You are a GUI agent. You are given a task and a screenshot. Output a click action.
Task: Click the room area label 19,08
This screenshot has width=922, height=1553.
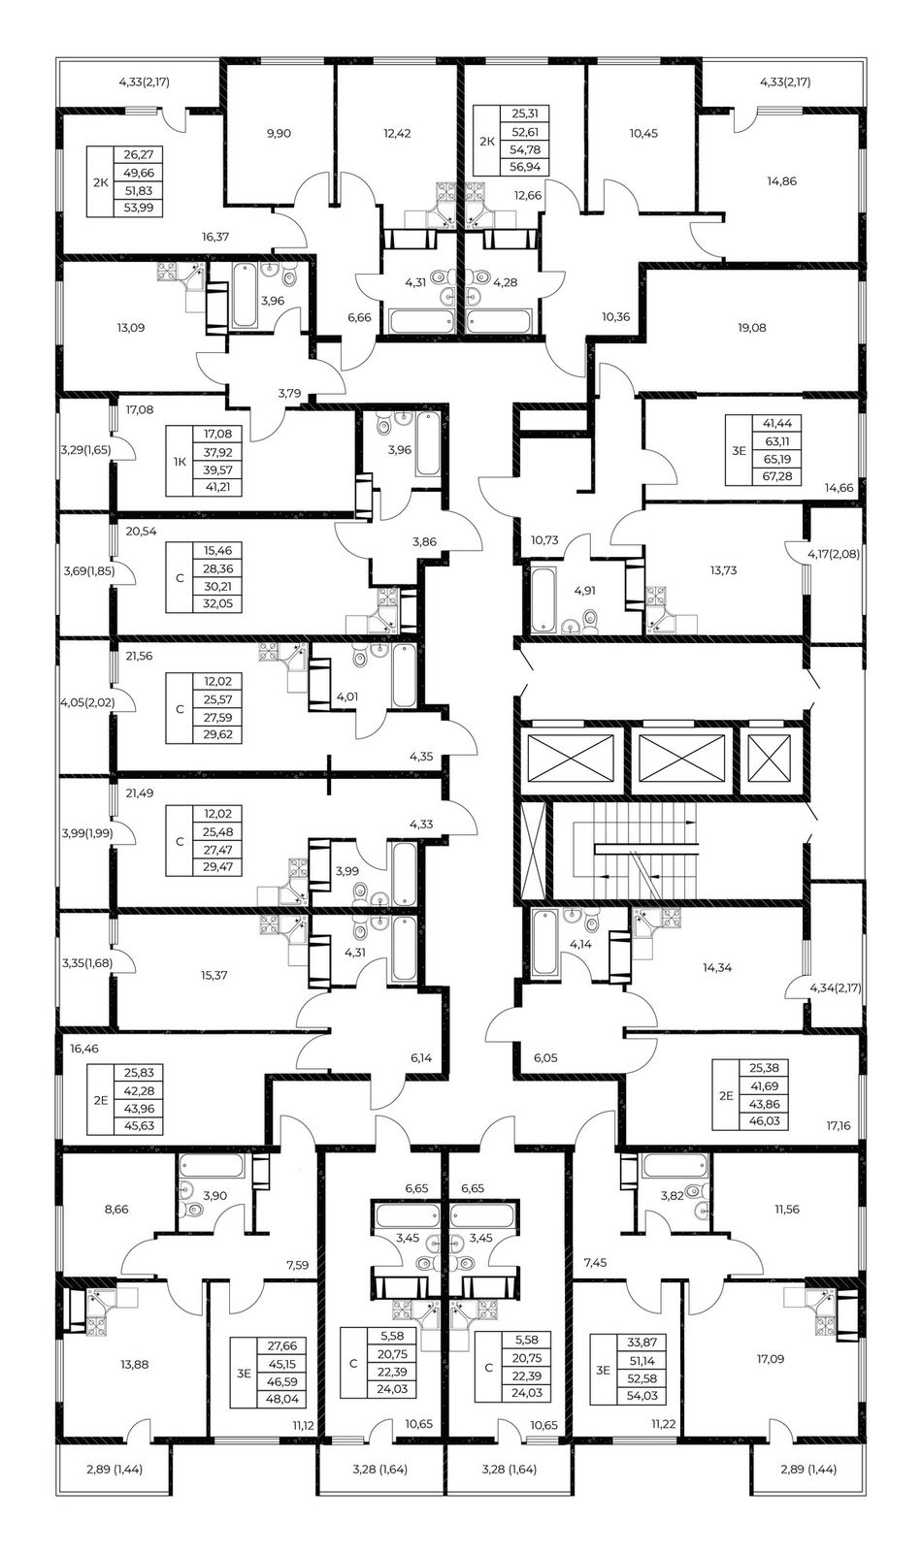click(752, 327)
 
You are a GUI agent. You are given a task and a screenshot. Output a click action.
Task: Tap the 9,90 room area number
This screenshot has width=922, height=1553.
click(279, 133)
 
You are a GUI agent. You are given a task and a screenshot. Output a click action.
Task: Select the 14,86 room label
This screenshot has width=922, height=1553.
click(781, 181)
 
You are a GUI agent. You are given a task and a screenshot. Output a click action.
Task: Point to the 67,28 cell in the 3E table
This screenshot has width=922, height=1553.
click(776, 476)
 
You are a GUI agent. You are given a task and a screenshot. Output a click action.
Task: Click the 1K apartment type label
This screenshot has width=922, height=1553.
click(180, 461)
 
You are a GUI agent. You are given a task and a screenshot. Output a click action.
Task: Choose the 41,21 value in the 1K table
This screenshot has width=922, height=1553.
click(217, 487)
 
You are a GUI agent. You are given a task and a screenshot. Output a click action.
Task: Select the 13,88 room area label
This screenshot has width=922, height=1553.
click(135, 1364)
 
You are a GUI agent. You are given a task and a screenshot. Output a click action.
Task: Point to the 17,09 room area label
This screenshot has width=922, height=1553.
click(770, 1359)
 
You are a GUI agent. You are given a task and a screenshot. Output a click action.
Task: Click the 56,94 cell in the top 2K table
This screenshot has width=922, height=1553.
click(524, 167)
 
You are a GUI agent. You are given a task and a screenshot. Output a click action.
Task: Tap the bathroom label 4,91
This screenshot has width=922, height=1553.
click(584, 591)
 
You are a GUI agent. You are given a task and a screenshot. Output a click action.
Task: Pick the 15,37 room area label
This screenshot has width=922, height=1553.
click(214, 975)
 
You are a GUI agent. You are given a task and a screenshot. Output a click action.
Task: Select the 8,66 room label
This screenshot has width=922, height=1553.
click(115, 1209)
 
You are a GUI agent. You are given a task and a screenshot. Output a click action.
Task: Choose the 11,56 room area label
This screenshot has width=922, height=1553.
click(787, 1209)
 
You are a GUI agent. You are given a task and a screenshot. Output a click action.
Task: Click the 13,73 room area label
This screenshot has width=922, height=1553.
click(723, 570)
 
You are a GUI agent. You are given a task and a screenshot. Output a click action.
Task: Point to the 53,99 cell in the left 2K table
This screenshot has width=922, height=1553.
click(139, 208)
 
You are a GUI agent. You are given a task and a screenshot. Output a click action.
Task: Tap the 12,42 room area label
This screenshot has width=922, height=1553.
click(397, 133)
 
